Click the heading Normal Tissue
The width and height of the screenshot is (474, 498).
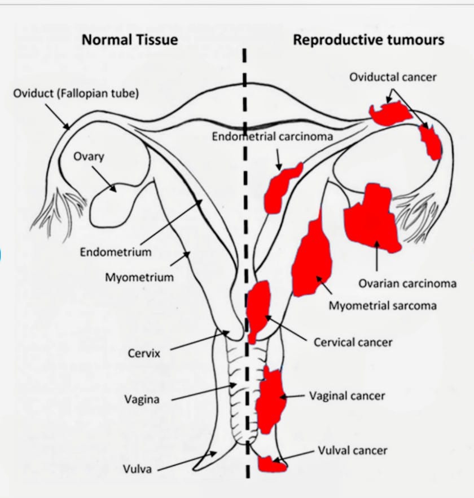click(x=130, y=39)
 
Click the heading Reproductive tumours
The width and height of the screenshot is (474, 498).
click(x=368, y=39)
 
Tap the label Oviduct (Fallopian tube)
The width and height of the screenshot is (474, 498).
click(x=76, y=94)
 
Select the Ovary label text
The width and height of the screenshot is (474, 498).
click(x=89, y=156)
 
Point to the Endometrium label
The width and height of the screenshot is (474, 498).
click(x=116, y=252)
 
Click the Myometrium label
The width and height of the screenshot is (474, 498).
click(x=139, y=277)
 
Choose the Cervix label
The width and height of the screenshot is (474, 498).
click(x=144, y=354)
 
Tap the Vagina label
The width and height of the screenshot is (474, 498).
click(x=142, y=399)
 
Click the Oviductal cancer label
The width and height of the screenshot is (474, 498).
click(x=393, y=77)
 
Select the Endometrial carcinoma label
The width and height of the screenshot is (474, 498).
click(x=273, y=136)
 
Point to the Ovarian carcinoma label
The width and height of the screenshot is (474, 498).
click(x=407, y=283)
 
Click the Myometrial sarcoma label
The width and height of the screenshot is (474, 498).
click(x=383, y=306)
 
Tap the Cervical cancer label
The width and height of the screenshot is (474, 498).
click(x=353, y=342)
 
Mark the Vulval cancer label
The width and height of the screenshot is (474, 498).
click(x=353, y=450)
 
